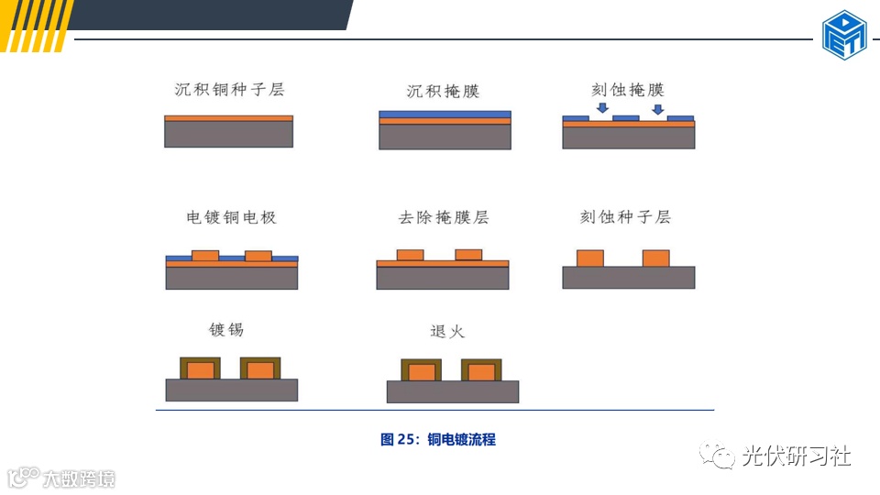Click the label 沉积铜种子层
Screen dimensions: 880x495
click(x=229, y=90)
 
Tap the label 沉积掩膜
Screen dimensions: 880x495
click(x=444, y=92)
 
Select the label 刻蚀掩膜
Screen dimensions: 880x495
click(x=628, y=90)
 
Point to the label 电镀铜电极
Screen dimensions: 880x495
click(x=231, y=218)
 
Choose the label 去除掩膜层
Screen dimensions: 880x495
click(x=444, y=218)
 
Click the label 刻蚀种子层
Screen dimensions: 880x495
click(x=626, y=217)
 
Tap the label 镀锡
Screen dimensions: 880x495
click(x=226, y=329)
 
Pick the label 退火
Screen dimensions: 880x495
click(x=447, y=331)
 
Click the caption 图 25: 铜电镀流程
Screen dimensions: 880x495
click(x=438, y=439)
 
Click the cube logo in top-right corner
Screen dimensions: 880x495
click(x=844, y=35)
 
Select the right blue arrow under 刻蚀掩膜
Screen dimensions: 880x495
click(x=656, y=110)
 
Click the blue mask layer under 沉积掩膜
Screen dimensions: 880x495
click(x=445, y=115)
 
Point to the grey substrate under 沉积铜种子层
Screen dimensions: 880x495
click(x=229, y=135)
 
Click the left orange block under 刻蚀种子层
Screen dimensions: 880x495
click(x=589, y=258)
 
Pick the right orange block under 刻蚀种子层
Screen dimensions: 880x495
click(x=656, y=258)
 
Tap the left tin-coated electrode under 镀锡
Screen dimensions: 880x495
click(x=201, y=368)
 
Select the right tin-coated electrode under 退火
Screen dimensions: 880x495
click(x=481, y=370)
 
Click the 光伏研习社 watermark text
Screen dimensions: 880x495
click(x=796, y=456)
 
